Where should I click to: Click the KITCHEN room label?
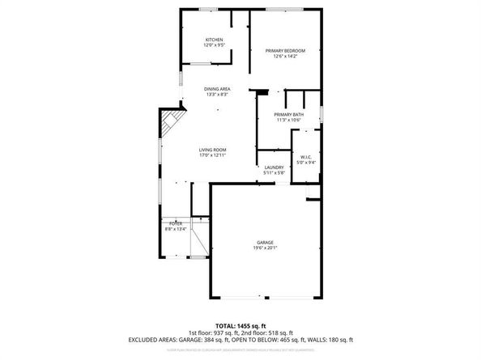pos(214,40)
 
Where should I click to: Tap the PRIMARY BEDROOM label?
pos(285,50)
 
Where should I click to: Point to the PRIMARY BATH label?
pos(289,115)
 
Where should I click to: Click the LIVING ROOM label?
pos(213,150)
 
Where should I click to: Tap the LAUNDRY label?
pos(273,167)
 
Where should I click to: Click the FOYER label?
pos(176,222)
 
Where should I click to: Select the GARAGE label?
pos(265,242)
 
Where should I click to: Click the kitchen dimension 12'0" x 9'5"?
pos(214,45)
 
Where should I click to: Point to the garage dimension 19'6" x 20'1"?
pos(265,248)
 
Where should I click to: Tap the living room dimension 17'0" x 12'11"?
pos(213,155)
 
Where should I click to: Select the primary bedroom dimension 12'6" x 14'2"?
pos(285,56)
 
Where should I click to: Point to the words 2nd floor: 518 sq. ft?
pos(285,332)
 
